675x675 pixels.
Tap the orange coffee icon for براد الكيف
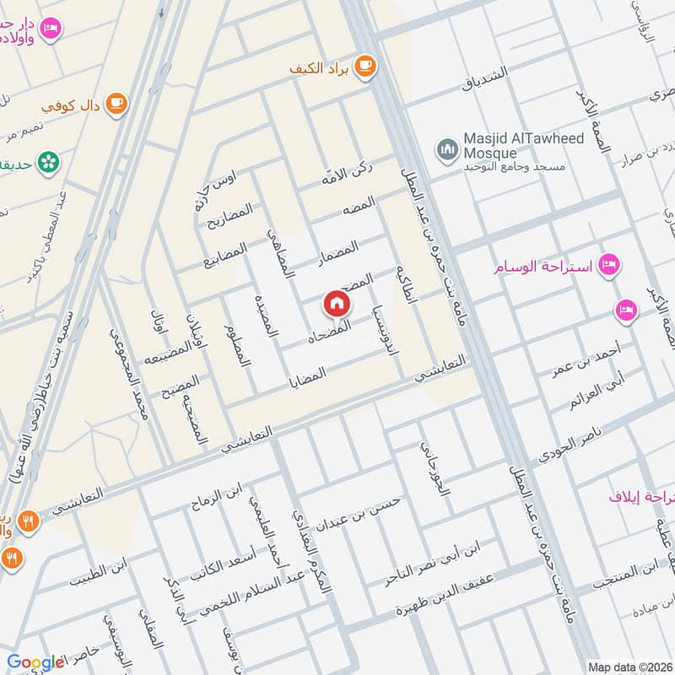(364, 65)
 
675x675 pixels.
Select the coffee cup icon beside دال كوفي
(115, 105)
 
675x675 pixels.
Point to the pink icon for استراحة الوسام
(607, 267)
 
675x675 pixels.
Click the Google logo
(35, 662)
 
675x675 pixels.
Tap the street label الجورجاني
(432, 478)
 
